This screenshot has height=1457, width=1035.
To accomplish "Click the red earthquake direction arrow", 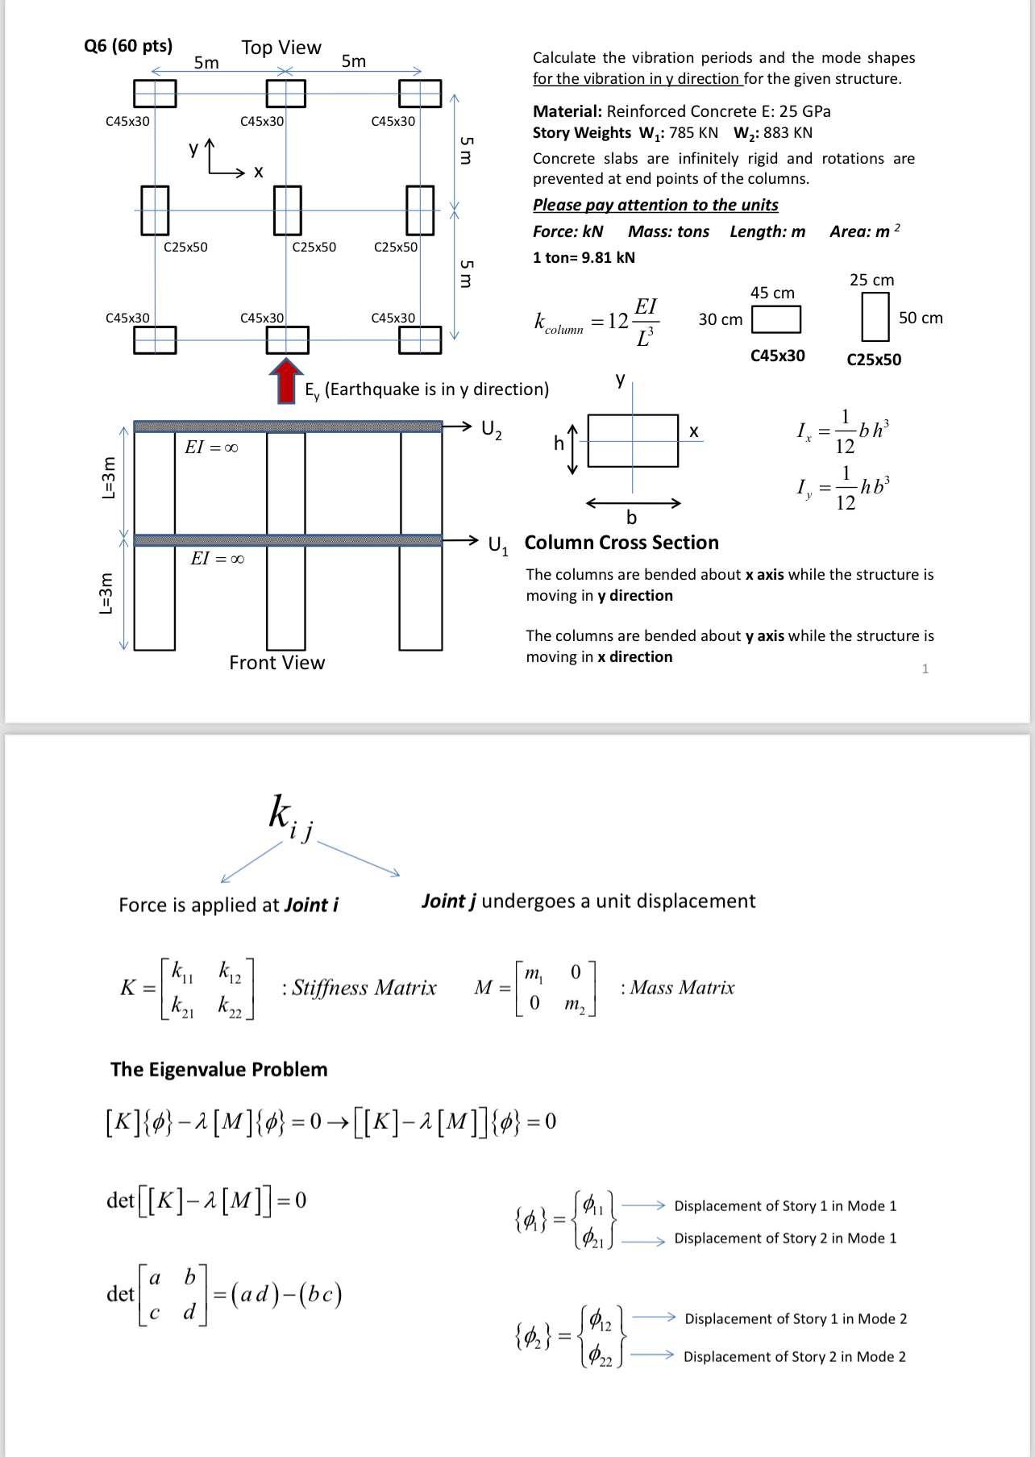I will [285, 381].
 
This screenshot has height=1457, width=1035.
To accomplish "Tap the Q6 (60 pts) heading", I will [128, 46].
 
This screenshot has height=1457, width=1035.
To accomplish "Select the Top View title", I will [281, 48].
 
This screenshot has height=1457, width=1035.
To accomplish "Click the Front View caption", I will [276, 663].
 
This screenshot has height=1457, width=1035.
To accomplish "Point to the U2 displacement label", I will [491, 429].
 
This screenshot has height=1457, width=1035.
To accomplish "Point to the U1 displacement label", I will [498, 545].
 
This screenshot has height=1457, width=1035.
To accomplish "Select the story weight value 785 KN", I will [693, 133].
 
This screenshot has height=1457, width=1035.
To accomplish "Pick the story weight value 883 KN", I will [788, 133].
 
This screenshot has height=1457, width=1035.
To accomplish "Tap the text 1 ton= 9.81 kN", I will [584, 258].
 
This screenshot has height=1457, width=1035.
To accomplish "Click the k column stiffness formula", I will [596, 321].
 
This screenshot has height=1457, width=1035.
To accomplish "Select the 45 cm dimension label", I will [772, 293].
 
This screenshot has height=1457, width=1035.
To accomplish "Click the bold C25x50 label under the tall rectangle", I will [874, 360].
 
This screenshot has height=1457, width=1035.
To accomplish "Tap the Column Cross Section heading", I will [621, 543].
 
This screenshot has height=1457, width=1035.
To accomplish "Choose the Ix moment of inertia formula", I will [842, 431].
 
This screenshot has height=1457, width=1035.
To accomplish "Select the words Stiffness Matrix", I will [364, 988].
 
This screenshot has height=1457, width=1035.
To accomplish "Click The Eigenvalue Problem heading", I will [219, 1070].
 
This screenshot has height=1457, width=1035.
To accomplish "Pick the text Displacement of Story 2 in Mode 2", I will [794, 1357].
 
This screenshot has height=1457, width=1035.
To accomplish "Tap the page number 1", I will [925, 668].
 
